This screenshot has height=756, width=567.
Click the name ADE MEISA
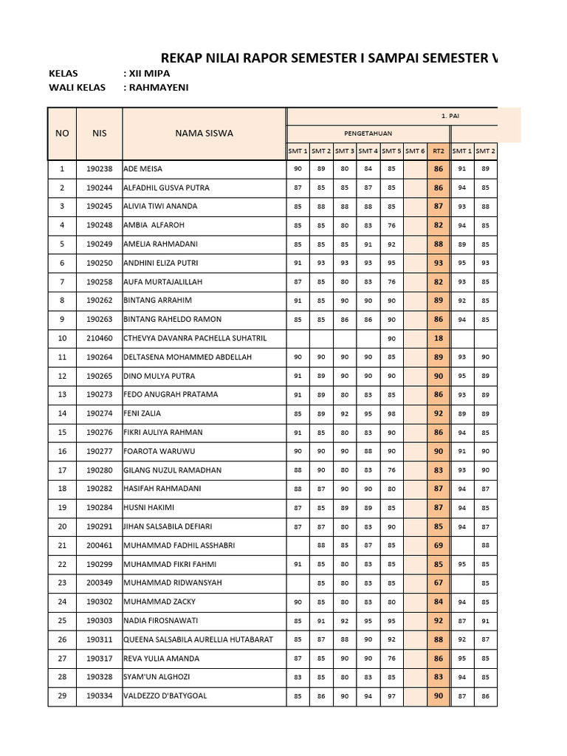(143, 169)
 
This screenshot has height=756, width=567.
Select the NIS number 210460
(99, 338)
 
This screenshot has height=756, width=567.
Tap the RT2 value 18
(439, 338)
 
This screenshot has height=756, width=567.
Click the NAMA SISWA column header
(204, 134)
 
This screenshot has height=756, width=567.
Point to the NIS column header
(99, 134)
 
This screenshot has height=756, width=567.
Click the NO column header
(62, 134)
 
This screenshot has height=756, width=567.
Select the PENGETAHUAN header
(368, 134)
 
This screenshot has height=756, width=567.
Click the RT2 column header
(439, 151)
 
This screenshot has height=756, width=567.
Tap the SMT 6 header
(415, 151)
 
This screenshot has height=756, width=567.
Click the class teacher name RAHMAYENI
(157, 88)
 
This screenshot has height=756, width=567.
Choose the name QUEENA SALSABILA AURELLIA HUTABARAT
(198, 639)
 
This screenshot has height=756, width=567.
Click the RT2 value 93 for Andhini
(439, 263)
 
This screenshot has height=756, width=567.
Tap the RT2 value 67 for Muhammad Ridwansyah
(439, 583)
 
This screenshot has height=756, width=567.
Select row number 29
(62, 695)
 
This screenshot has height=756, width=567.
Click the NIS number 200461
(99, 545)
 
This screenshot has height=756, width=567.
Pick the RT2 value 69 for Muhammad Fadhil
(439, 545)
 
